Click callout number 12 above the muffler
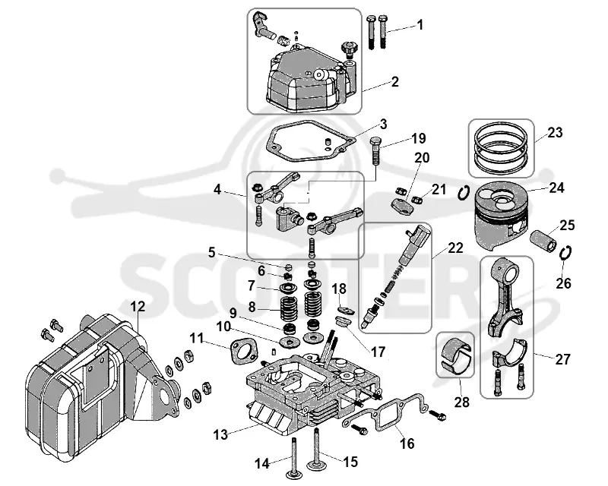pyautogui.click(x=138, y=307)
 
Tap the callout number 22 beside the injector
pyautogui.click(x=455, y=248)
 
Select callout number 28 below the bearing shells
pyautogui.click(x=461, y=402)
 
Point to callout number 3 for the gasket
pyautogui.click(x=384, y=125)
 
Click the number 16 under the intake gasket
pyautogui.click(x=407, y=443)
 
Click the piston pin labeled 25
pyautogui.click(x=544, y=240)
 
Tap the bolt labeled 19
pyautogui.click(x=375, y=151)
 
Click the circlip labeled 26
pyautogui.click(x=565, y=254)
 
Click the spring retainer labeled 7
pyautogui.click(x=288, y=289)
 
